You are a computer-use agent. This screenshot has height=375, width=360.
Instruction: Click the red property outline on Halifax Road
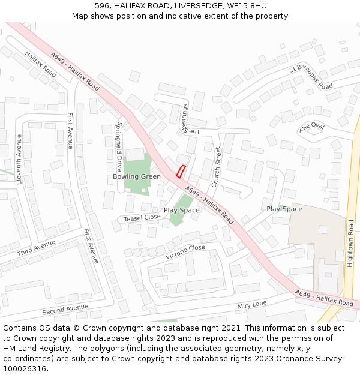tap(181, 171)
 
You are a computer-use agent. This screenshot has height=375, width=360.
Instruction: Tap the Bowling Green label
tap(136, 176)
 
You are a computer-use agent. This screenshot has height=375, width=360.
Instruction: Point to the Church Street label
tap(217, 164)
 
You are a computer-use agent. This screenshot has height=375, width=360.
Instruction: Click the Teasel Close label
tap(142, 218)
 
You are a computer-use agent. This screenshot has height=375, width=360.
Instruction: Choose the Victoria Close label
tap(185, 248)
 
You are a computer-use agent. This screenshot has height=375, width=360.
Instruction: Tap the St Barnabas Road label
tap(311, 77)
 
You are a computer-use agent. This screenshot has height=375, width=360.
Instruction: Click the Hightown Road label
tap(350, 243)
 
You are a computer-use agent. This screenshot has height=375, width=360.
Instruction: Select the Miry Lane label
tap(252, 304)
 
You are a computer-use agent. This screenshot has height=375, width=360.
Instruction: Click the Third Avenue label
tap(36, 248)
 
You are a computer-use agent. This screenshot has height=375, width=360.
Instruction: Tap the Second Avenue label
tap(65, 310)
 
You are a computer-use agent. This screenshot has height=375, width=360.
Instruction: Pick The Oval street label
tap(311, 127)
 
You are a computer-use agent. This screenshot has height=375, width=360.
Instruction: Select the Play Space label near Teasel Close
tap(182, 211)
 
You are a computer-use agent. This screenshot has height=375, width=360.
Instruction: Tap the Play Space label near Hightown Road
tap(284, 209)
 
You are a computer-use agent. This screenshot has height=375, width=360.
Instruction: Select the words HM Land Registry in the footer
tap(30, 348)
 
